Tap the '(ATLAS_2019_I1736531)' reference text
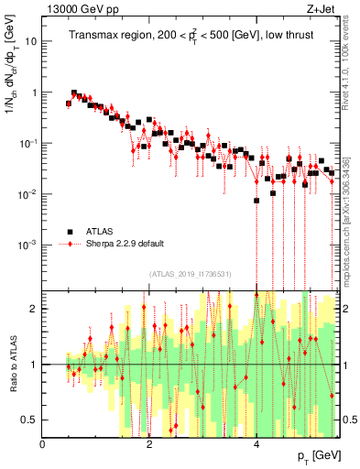tap(191, 274)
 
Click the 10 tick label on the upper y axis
tap(29, 42)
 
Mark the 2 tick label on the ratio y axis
tap(33, 309)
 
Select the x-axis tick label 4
tap(256, 444)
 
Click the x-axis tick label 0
tap(43, 444)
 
